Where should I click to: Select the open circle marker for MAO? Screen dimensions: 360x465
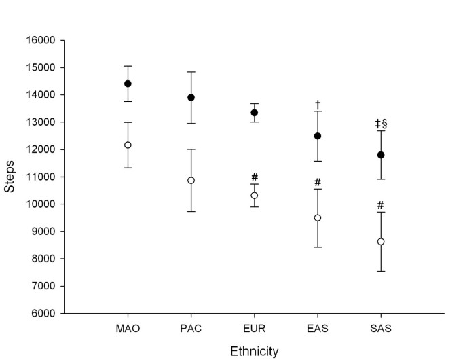point(127,145)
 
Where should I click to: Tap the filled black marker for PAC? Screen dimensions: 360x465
point(191,97)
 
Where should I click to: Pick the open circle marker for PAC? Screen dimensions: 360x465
point(191,180)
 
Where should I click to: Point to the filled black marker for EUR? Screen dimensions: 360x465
point(254,113)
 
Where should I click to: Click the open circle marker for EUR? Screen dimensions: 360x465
point(254,195)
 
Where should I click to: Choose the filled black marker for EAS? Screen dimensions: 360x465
point(317,136)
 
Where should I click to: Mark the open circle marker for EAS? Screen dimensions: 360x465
point(317,217)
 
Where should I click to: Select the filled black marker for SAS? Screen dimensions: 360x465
point(381,155)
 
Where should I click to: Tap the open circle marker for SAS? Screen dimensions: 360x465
point(381,241)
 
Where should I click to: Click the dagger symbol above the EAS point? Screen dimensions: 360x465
point(317,104)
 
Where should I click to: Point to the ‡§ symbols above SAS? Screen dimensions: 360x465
point(381,124)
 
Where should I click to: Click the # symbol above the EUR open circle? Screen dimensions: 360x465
point(254,177)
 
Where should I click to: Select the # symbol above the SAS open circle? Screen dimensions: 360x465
point(381,205)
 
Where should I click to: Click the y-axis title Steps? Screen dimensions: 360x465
point(10,177)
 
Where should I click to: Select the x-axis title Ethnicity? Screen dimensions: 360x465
point(254,351)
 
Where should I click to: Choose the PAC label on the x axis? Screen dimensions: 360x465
point(191,329)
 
